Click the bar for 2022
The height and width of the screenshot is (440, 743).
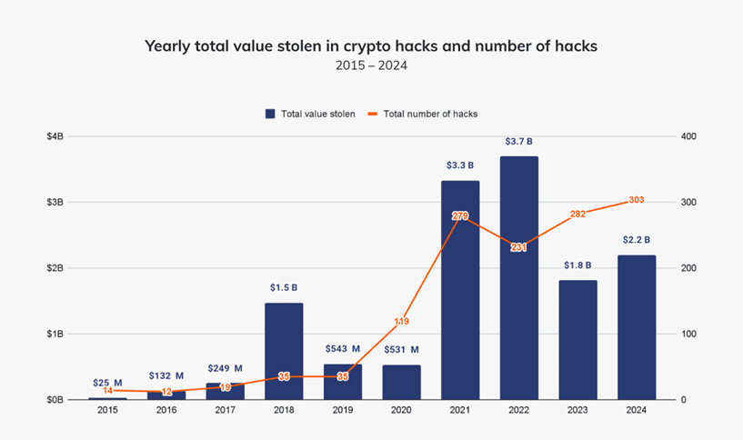pyautogui.click(x=518, y=277)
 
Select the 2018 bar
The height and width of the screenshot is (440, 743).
pyautogui.click(x=284, y=351)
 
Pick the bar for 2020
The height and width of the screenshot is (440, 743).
pyautogui.click(x=401, y=382)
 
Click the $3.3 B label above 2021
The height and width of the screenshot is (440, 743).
pyautogui.click(x=460, y=165)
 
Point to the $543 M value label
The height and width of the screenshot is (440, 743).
pyautogui.click(x=342, y=349)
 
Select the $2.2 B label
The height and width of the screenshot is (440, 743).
pyautogui.click(x=636, y=240)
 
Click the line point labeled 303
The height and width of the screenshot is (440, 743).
pyautogui.click(x=636, y=201)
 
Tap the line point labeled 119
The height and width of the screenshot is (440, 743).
pyautogui.click(x=401, y=321)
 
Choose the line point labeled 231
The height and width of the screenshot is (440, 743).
pyautogui.click(x=518, y=247)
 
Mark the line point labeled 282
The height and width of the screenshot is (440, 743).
pyautogui.click(x=577, y=215)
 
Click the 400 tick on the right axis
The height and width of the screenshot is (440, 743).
pyautogui.click(x=687, y=136)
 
